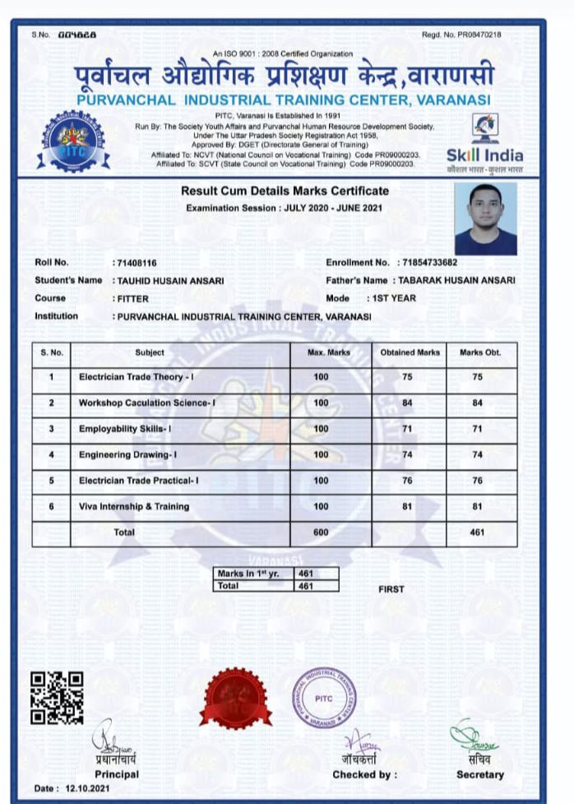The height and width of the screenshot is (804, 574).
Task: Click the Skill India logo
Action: [x=484, y=144]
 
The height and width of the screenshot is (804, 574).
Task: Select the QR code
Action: [x=57, y=698]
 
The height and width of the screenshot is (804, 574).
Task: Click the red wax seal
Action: [x=235, y=696]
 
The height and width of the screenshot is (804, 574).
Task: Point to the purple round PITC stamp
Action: [x=325, y=699]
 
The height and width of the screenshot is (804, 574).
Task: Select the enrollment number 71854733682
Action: [x=428, y=263]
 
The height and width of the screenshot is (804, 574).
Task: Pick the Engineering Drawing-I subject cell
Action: [x=128, y=455]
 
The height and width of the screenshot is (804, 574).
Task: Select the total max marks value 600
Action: [x=321, y=532]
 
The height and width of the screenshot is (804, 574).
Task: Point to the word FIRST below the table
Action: [x=391, y=589]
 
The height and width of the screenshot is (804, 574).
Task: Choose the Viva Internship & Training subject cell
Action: [x=134, y=507]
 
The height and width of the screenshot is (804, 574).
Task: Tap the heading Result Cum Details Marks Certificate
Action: [x=285, y=192]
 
